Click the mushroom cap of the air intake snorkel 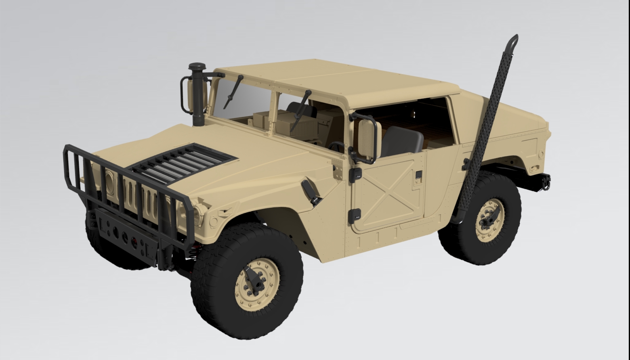tap(197, 67)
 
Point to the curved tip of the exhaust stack tap(512, 40)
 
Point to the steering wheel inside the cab tap(336, 146)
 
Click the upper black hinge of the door tap(356, 174)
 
